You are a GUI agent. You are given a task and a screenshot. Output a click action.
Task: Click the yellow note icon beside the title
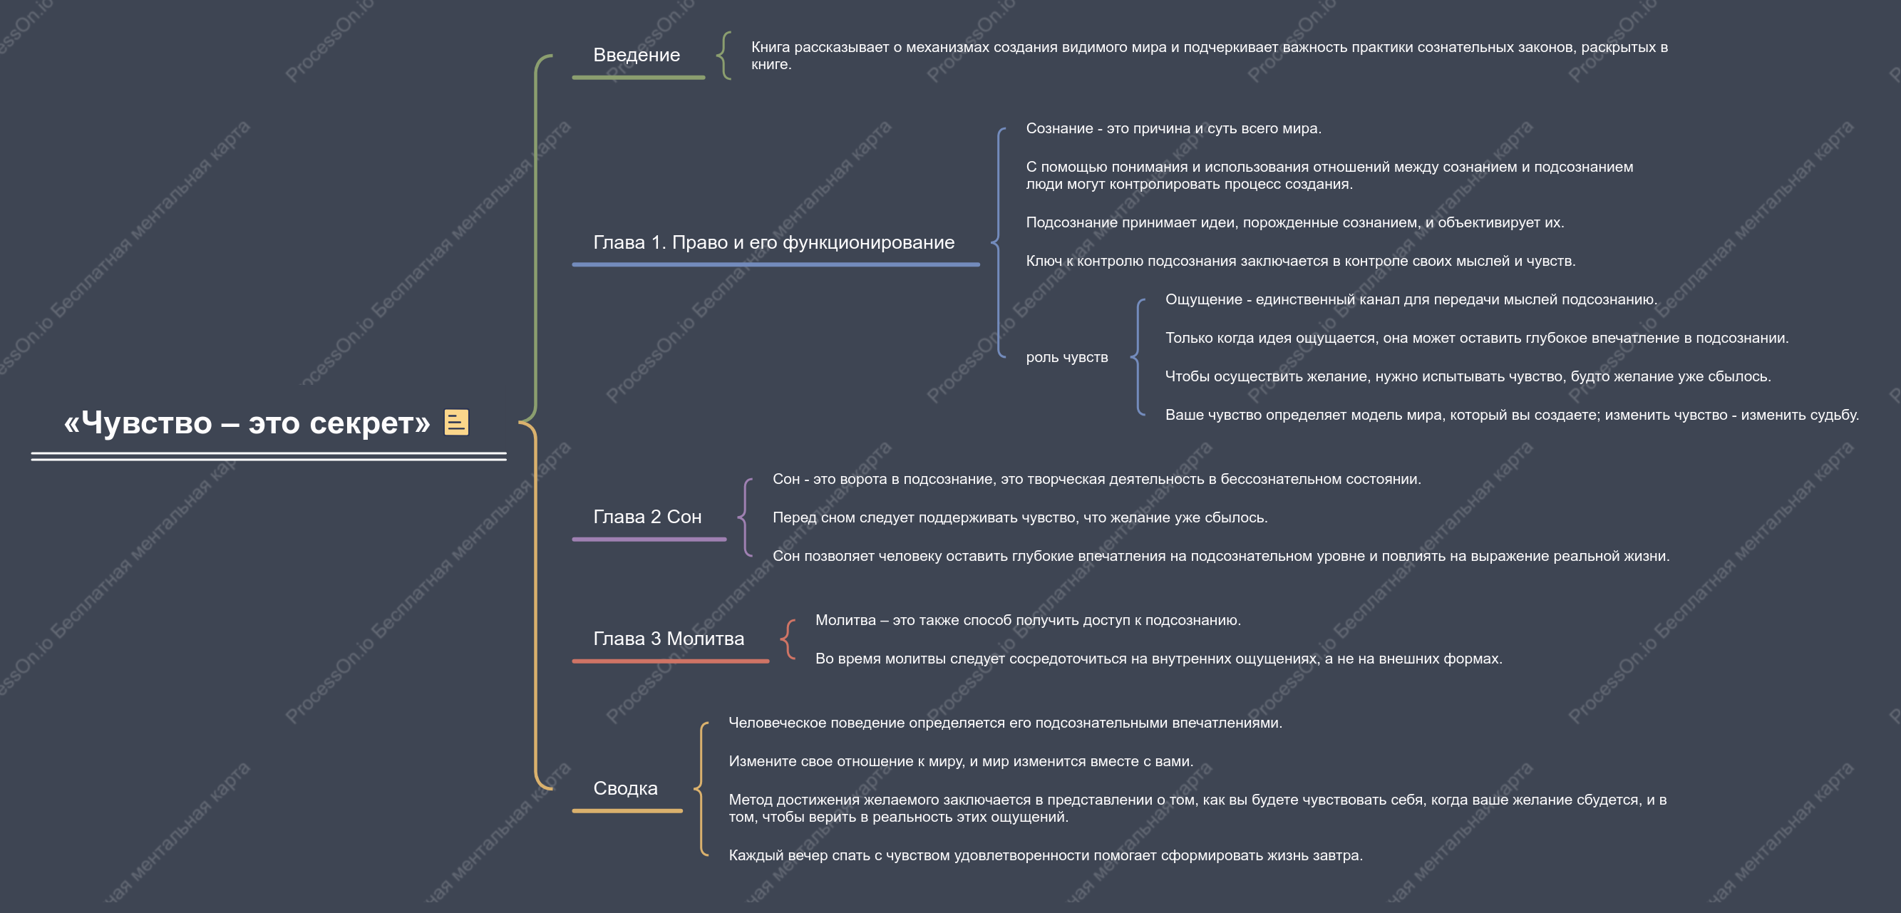[x=456, y=422]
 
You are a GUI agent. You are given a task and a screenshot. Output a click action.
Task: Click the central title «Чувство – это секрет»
[x=247, y=423]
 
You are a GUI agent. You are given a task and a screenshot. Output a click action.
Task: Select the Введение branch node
[x=636, y=55]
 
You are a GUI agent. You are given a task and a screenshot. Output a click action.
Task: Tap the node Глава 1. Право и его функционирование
[x=773, y=242]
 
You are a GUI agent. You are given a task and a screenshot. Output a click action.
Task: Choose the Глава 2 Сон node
[x=647, y=517]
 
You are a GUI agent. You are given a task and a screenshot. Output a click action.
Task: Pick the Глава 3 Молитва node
[x=669, y=639]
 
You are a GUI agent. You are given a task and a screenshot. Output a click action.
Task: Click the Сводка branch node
[x=625, y=788]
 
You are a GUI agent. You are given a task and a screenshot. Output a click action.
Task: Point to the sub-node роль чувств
[x=1066, y=357]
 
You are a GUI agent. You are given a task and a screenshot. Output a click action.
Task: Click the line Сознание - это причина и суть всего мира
[x=1173, y=128]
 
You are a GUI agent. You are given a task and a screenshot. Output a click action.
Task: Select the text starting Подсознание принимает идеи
[x=1294, y=222]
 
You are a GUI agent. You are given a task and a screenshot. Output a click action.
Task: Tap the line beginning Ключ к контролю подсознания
[x=1300, y=261]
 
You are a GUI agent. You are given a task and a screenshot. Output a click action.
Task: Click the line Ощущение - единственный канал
[x=1411, y=299]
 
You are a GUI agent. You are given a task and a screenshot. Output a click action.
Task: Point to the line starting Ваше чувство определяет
[x=1511, y=415]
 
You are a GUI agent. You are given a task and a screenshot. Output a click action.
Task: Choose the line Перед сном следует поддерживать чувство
[x=1020, y=517]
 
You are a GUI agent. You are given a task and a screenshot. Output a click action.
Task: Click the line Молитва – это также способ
[x=1028, y=620]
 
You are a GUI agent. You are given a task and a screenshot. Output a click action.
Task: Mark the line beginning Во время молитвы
[x=1158, y=659]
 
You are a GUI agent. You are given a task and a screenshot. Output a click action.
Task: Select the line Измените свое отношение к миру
[x=961, y=761]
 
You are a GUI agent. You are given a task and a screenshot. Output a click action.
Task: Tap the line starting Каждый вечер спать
[x=1046, y=855]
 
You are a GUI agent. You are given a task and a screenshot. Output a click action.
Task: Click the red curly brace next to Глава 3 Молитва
[x=788, y=639]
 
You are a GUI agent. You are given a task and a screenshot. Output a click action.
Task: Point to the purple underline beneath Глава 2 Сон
[x=649, y=540]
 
